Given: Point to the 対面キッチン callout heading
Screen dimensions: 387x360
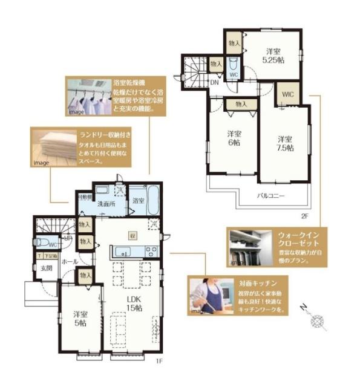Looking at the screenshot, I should tap(263, 282).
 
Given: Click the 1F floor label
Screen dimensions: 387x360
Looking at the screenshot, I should tap(160, 362).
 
